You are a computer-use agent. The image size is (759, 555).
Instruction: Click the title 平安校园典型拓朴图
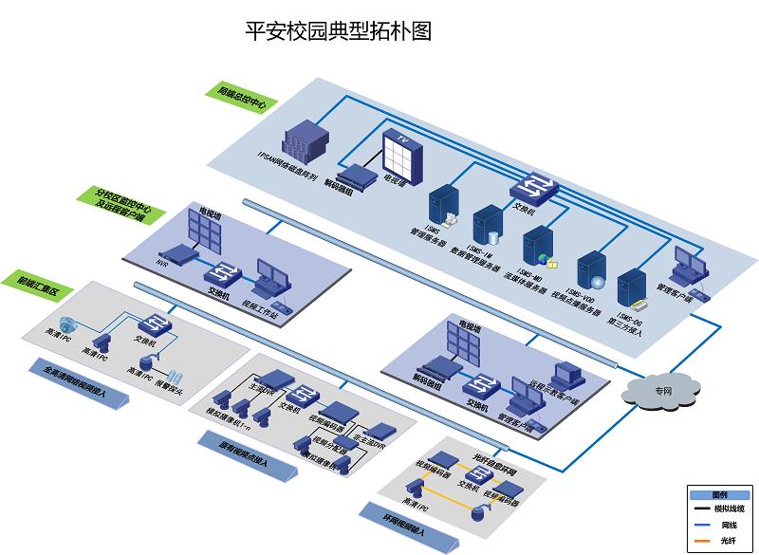pos(339,31)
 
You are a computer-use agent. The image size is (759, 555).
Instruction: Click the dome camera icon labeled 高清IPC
pos(66,323)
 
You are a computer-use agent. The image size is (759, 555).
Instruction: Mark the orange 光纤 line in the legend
pos(705,540)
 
